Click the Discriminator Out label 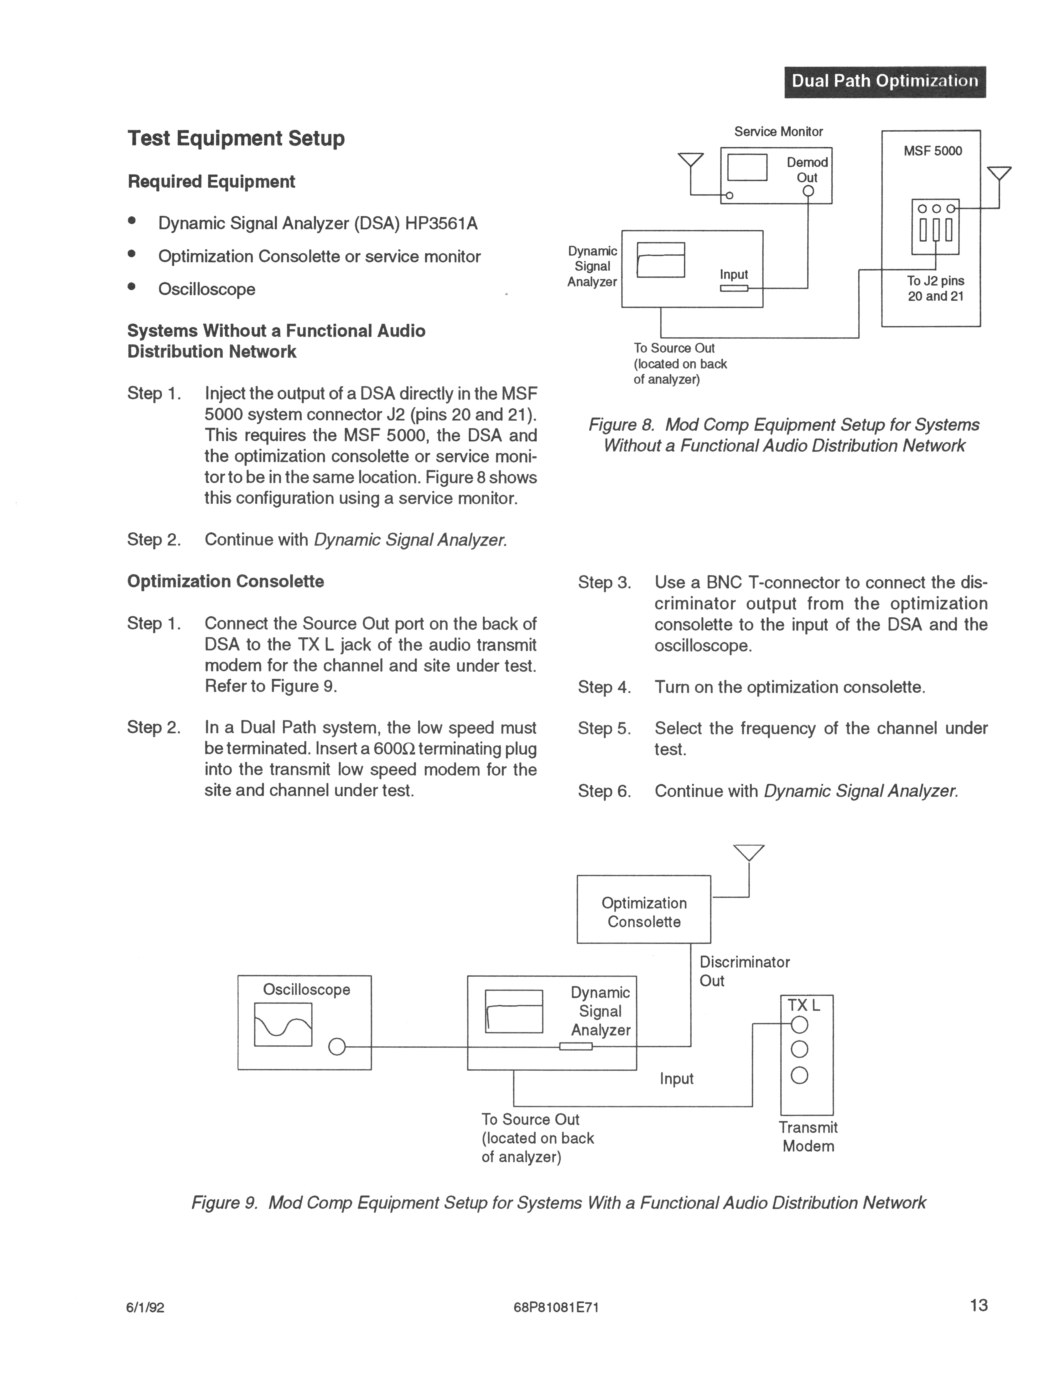(744, 971)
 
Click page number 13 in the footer (978, 1304)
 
